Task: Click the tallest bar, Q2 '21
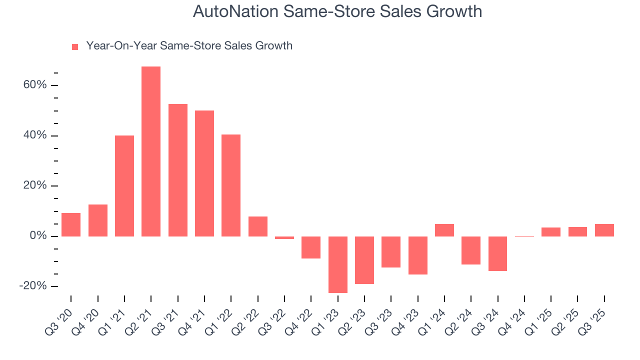click(x=151, y=151)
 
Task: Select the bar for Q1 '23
click(x=337, y=264)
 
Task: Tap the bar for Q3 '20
click(x=71, y=224)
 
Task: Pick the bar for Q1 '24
click(x=444, y=230)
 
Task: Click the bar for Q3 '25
click(x=604, y=230)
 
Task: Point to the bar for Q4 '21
click(x=204, y=173)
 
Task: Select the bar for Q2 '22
click(x=257, y=226)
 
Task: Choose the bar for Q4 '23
click(x=417, y=255)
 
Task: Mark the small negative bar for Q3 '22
click(x=284, y=237)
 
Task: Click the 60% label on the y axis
click(x=34, y=85)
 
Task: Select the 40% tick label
click(x=34, y=135)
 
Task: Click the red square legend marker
click(x=75, y=46)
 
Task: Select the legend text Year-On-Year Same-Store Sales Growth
click(x=189, y=46)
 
